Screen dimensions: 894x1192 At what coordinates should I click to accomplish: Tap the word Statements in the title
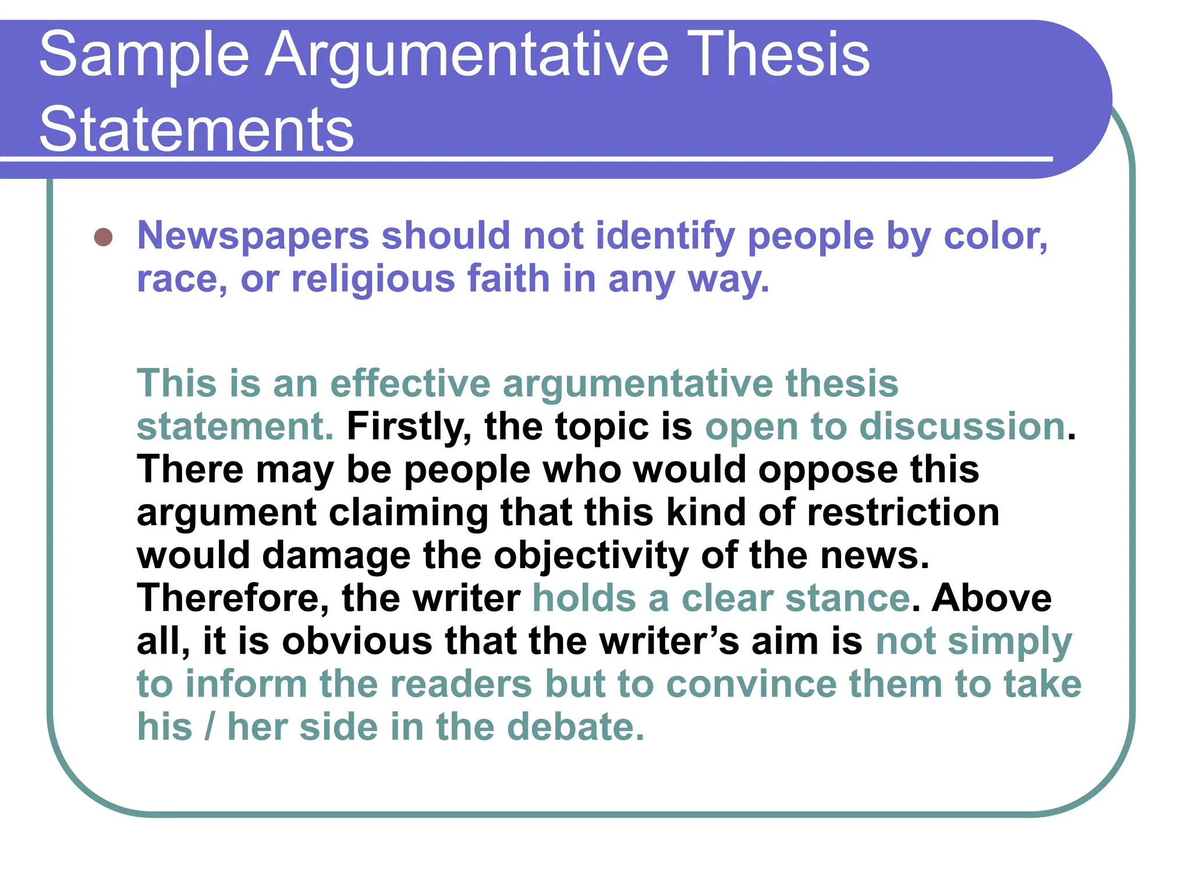click(x=196, y=129)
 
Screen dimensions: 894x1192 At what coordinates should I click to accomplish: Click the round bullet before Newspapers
click(x=103, y=237)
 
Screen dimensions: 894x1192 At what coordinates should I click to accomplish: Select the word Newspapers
click(x=253, y=236)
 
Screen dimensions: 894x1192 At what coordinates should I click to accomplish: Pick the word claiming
click(x=408, y=513)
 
